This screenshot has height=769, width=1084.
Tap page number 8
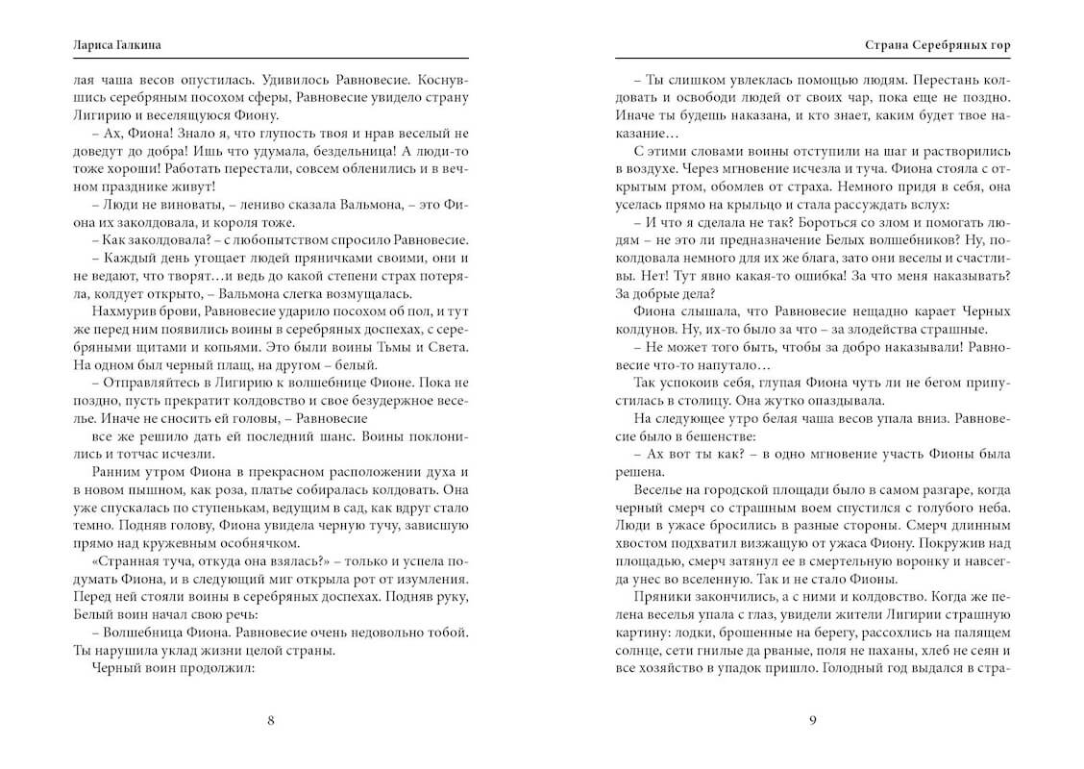click(270, 722)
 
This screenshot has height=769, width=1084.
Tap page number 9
click(813, 722)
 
